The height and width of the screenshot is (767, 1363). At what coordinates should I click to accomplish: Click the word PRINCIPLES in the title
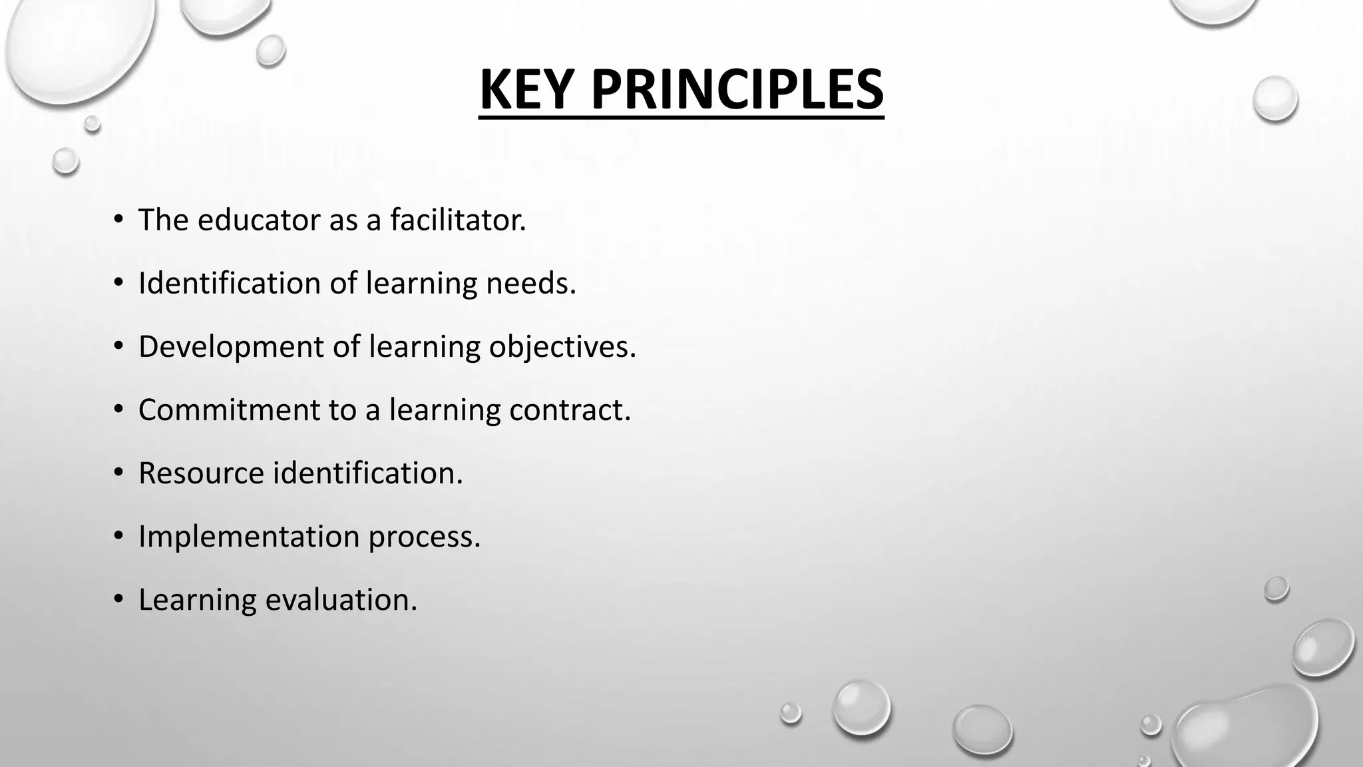tap(737, 90)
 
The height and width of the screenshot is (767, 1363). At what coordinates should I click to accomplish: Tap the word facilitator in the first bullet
tap(458, 220)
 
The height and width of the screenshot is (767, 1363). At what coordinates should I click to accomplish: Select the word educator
tap(259, 220)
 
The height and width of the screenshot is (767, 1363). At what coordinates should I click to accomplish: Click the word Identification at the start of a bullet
tap(228, 283)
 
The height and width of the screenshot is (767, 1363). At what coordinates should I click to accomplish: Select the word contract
tap(570, 409)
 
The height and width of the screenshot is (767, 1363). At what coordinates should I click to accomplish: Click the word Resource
tap(201, 473)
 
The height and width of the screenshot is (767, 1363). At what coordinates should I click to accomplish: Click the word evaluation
tap(341, 599)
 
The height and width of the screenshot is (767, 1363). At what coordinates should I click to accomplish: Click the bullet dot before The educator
tap(118, 220)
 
